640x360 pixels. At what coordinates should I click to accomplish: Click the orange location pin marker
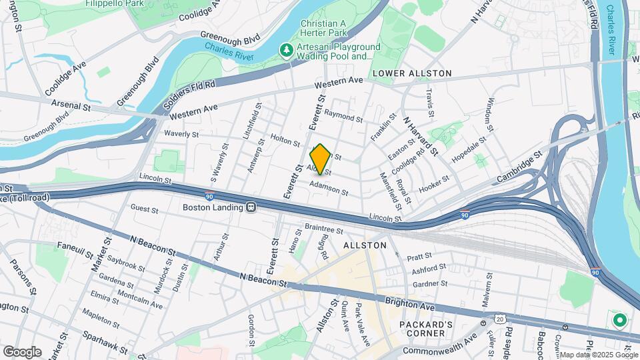point(320,159)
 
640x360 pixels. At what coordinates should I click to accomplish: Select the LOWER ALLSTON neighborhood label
point(412,73)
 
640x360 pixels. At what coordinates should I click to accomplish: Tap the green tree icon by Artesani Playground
point(287,51)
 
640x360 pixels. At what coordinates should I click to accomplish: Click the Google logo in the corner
point(22,351)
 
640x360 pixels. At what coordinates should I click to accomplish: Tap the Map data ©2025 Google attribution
point(598,355)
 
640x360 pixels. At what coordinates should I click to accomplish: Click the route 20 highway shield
point(500,319)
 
